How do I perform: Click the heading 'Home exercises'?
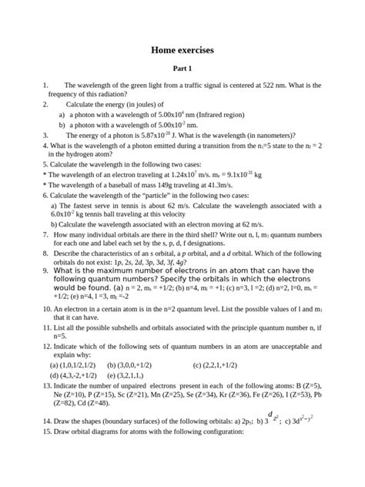(182, 50)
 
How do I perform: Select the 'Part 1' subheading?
(182, 69)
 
